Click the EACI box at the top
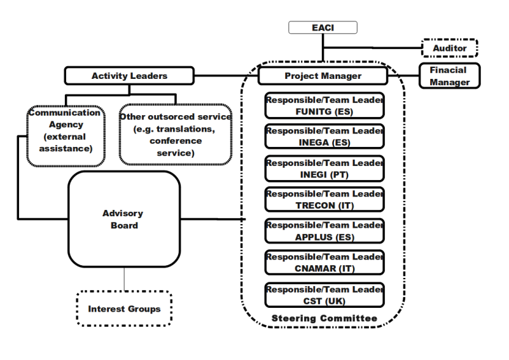tap(323, 27)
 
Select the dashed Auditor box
tap(450, 48)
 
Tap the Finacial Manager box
tap(449, 76)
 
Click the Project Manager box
tap(323, 76)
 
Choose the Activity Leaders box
tap(129, 76)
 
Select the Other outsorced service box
tap(175, 135)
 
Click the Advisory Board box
tap(123, 219)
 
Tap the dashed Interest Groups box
tap(124, 309)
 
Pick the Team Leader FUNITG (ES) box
tap(324, 106)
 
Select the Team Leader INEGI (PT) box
tap(324, 169)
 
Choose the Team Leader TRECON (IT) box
tap(324, 200)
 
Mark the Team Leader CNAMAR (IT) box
tap(324, 263)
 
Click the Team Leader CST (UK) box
tap(324, 294)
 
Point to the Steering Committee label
tap(324, 318)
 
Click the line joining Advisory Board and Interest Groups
tap(124, 279)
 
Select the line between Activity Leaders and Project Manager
tap(225, 76)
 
